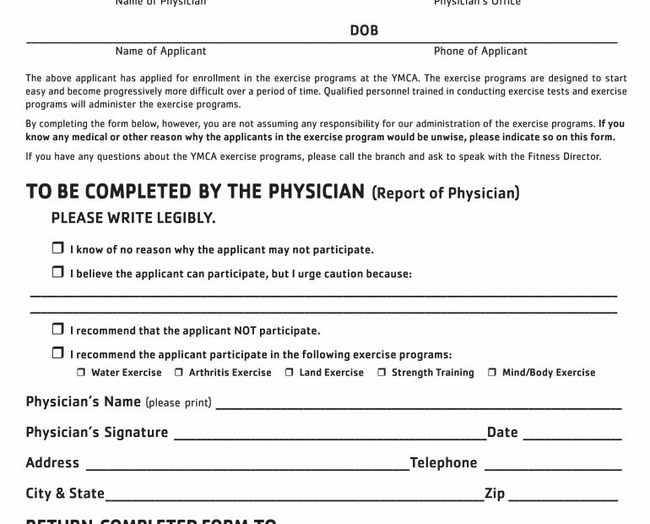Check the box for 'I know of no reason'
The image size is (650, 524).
(x=57, y=249)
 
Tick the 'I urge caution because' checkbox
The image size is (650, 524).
(x=57, y=272)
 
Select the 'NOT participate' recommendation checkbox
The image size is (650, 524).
(x=57, y=330)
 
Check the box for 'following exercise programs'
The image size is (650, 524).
(x=57, y=353)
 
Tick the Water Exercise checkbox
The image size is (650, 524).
(x=82, y=373)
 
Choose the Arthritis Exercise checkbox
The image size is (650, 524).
(x=179, y=373)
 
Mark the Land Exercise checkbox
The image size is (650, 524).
(x=289, y=373)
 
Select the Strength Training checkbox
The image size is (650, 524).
(x=382, y=373)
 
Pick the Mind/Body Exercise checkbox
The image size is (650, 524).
(x=492, y=373)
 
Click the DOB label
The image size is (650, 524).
(x=364, y=30)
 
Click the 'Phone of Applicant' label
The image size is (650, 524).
(x=480, y=52)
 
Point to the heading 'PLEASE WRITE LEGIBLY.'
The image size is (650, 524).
(x=133, y=218)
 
